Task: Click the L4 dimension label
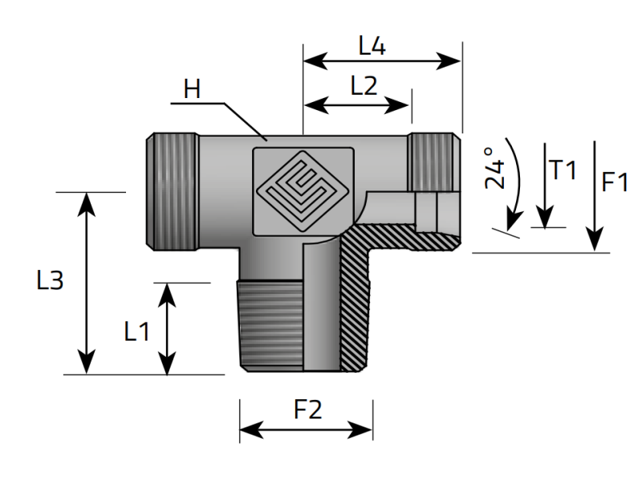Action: point(372,47)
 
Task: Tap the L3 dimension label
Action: point(50,280)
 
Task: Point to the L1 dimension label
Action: point(136,330)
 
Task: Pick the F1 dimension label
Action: point(616,182)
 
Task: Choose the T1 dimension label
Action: point(563,170)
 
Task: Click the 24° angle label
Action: point(494,168)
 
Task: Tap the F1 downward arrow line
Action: point(595,193)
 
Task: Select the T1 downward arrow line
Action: point(545,185)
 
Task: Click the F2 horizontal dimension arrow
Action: point(306,431)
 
